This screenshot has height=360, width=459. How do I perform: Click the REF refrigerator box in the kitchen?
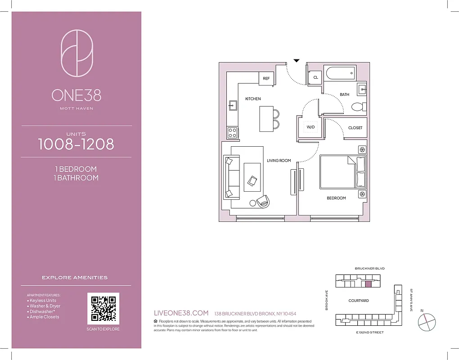point(266,78)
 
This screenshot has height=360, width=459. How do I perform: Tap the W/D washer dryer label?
point(310,127)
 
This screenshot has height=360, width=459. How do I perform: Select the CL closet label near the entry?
point(315,77)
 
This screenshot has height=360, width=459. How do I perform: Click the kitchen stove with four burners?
point(233,132)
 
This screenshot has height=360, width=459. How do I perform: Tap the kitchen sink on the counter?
point(233,106)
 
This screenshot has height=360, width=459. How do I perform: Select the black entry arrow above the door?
point(296,60)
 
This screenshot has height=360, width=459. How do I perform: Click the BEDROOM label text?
point(336,198)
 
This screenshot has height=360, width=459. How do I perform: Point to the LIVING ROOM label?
point(279,161)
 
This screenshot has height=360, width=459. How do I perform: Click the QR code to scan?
point(103,309)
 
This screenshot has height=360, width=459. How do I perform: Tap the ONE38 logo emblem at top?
point(76,53)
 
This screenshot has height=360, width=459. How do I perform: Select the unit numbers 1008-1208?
point(76,144)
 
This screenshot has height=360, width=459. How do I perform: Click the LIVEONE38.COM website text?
point(181,313)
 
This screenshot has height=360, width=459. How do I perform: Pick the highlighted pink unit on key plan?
point(368,284)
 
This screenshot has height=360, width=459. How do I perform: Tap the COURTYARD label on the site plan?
point(359,301)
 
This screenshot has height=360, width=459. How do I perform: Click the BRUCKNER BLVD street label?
point(369,268)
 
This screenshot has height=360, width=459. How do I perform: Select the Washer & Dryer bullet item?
point(45,306)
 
